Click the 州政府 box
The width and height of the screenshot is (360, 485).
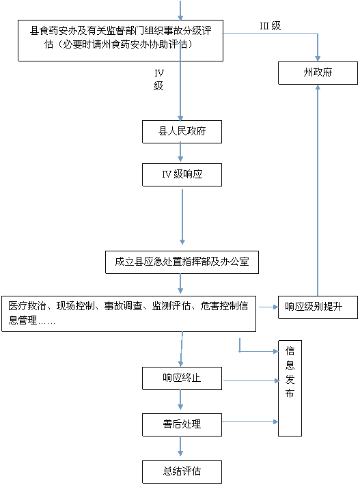pyautogui.click(x=318, y=73)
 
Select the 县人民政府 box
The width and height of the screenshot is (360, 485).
pyautogui.click(x=182, y=132)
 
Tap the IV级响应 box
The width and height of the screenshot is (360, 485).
pyautogui.click(x=182, y=175)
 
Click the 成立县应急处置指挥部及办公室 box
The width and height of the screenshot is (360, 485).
pyautogui.click(x=182, y=262)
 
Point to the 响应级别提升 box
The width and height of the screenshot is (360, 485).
pyautogui.click(x=318, y=307)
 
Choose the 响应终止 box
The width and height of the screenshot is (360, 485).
pyautogui.click(x=182, y=378)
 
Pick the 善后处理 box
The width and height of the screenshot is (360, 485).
pyautogui.click(x=182, y=425)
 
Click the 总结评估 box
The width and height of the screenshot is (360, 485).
pyautogui.click(x=182, y=472)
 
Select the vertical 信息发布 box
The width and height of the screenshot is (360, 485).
pyautogui.click(x=290, y=388)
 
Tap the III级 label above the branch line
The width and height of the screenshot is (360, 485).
pyautogui.click(x=270, y=26)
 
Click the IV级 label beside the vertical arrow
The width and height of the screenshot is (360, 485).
pyautogui.click(x=159, y=79)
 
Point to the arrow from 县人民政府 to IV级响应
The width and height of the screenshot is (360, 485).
pyautogui.click(x=180, y=152)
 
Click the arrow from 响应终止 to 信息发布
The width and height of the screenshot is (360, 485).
pyautogui.click(x=251, y=380)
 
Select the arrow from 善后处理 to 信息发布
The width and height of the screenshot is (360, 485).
pyautogui.click(x=250, y=421)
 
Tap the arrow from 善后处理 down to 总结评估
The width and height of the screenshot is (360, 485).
pyautogui.click(x=180, y=446)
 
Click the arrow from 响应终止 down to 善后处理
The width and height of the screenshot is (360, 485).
pyautogui.click(x=180, y=400)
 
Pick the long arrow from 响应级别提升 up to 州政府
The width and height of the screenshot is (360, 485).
pyautogui.click(x=318, y=190)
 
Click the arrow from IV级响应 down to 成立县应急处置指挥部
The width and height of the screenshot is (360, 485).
pyautogui.click(x=182, y=217)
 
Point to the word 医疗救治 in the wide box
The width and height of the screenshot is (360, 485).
pyautogui.click(x=27, y=306)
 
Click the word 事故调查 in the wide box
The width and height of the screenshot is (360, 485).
pyautogui.click(x=123, y=306)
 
